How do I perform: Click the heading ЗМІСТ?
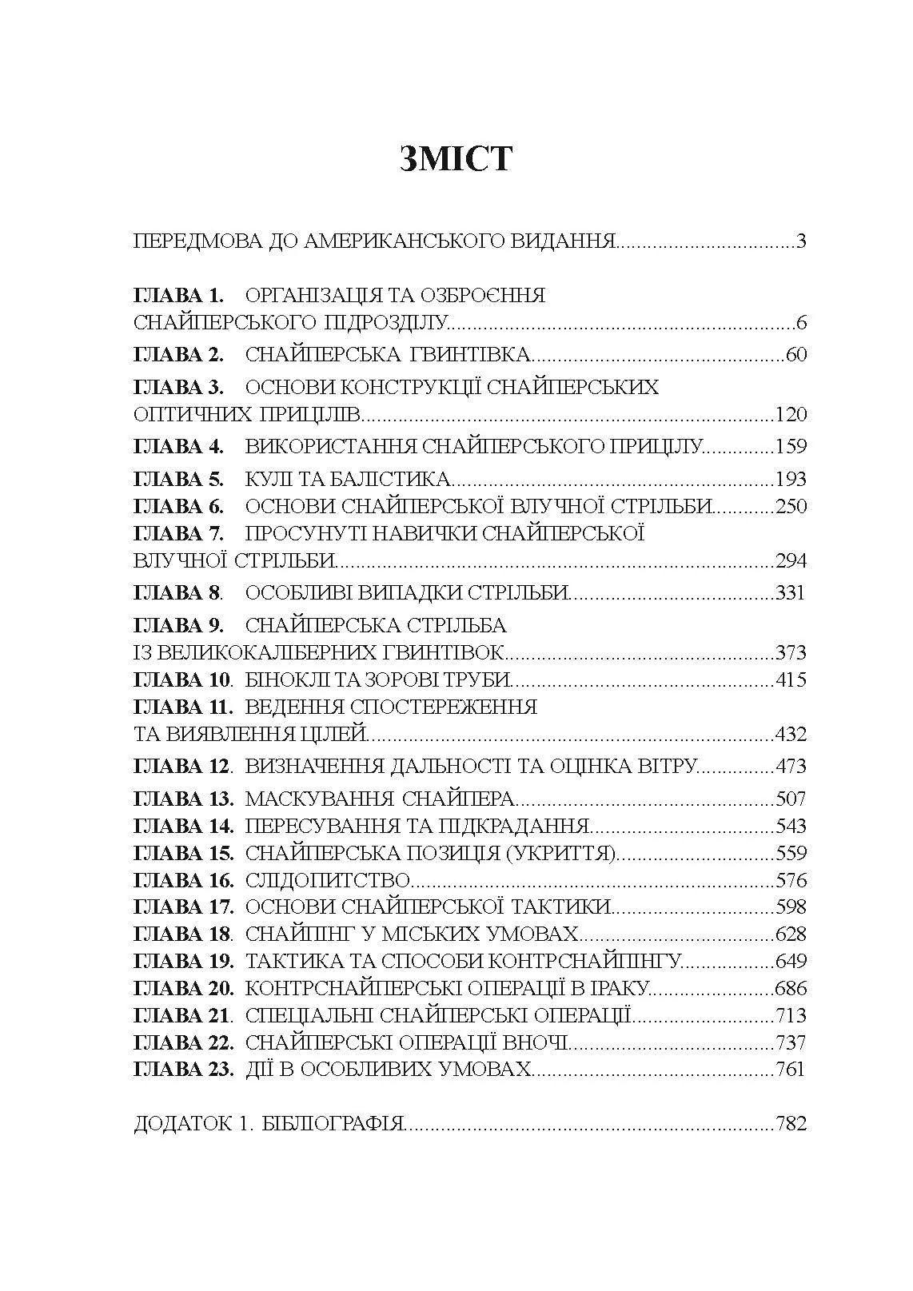tap(456, 158)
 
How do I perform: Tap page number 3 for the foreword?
tap(801, 241)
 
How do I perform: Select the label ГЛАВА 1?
tap(178, 296)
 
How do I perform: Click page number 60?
tap(796, 354)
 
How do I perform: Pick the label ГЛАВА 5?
tap(178, 480)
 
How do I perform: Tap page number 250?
tap(791, 507)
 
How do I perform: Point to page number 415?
tap(791, 680)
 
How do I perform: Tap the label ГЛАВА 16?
tap(183, 881)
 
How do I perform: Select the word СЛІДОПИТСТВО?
tap(328, 881)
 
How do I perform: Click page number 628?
tap(791, 934)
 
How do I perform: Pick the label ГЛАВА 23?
tap(183, 1070)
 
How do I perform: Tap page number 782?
tap(791, 1124)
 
